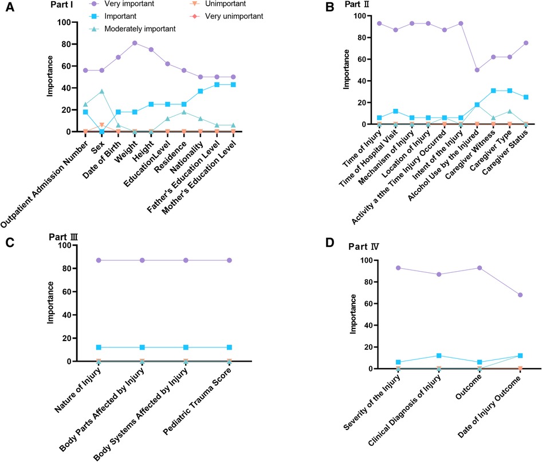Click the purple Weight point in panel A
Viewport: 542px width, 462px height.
[x=135, y=43]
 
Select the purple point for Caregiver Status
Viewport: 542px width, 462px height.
[x=526, y=43]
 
